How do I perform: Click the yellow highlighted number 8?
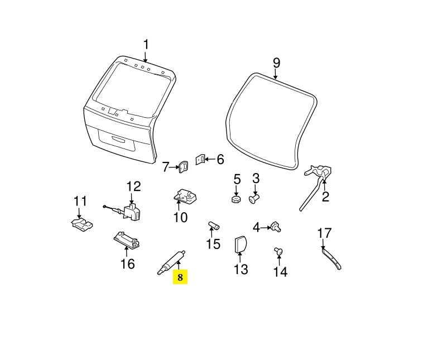tap(180, 277)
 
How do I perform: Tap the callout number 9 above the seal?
tap(276, 63)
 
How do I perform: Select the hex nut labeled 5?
tap(236, 199)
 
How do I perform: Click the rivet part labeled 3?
tap(254, 198)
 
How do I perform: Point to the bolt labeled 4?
tap(276, 227)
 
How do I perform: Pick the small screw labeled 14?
tap(278, 251)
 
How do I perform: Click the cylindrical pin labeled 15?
tap(214, 225)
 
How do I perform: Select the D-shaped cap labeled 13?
tap(240, 244)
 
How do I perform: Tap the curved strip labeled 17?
tap(332, 259)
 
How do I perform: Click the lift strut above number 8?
tap(171, 262)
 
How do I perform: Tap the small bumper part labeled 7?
tap(184, 166)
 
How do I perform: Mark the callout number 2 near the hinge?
tap(326, 196)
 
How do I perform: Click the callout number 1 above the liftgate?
tap(146, 45)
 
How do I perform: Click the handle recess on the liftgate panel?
tap(119, 139)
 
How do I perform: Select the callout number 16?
tap(128, 264)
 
